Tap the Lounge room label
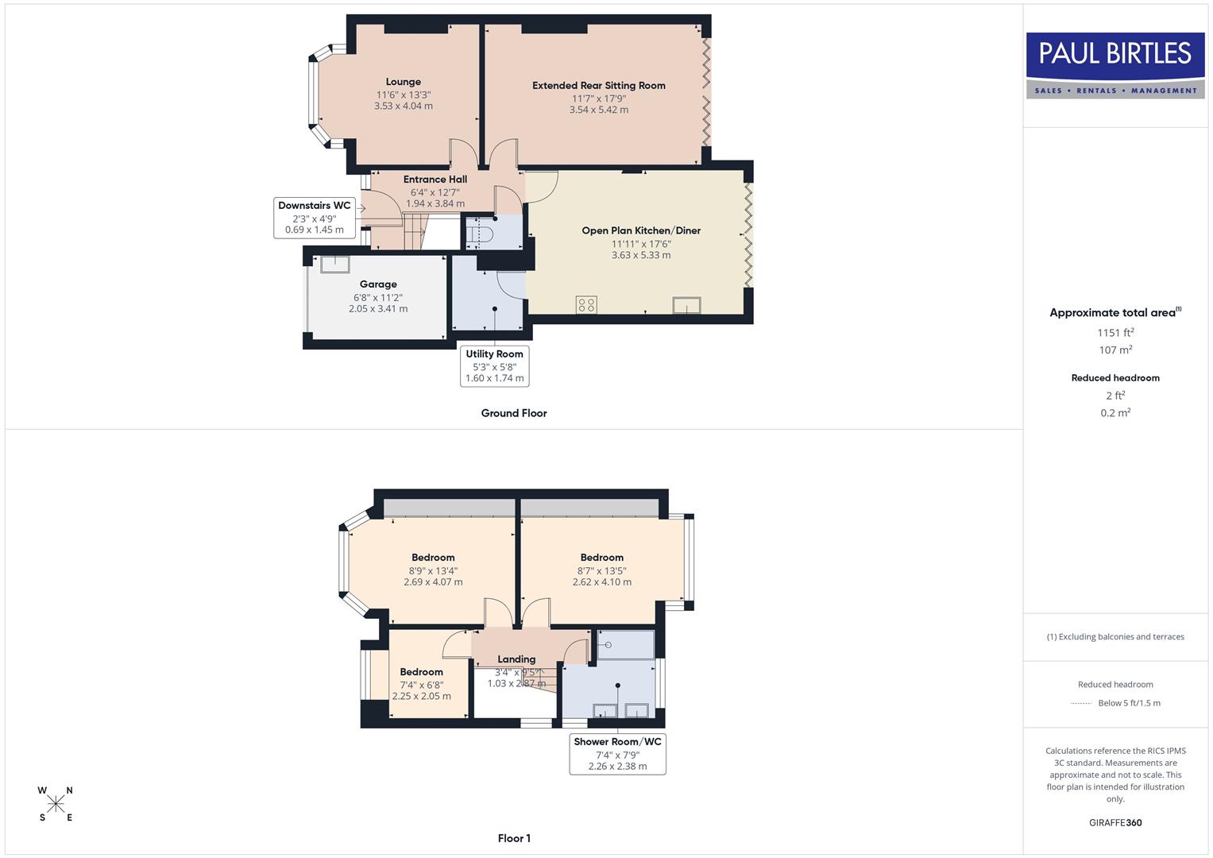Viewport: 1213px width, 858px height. pos(403,82)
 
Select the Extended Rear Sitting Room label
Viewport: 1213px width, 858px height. pos(598,86)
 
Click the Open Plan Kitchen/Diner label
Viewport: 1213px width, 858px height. pos(640,230)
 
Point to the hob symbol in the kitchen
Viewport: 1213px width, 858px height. pos(586,305)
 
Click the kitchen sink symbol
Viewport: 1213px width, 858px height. pos(686,305)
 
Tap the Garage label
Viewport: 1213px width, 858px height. pos(377,284)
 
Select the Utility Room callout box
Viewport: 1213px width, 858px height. pos(494,365)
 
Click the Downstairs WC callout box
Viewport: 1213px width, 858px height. pos(314,218)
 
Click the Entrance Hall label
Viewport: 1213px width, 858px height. pos(435,180)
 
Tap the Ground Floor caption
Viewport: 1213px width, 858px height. pos(513,413)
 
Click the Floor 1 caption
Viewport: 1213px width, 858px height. pos(513,838)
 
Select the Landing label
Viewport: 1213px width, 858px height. pos(516,659)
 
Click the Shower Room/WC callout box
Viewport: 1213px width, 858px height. pos(617,753)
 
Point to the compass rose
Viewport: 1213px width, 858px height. pos(56,804)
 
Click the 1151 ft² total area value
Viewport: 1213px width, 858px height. pos(1114,333)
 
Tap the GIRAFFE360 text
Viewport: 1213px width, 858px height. pos(1114,822)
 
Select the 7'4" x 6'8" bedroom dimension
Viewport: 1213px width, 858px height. pos(421,685)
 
